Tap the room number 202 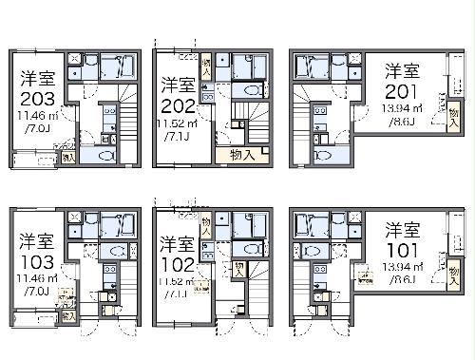[179, 104]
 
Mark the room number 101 [402, 250]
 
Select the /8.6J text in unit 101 [402, 283]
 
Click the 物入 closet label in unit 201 [442, 103]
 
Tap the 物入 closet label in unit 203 [69, 157]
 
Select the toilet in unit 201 [325, 153]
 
